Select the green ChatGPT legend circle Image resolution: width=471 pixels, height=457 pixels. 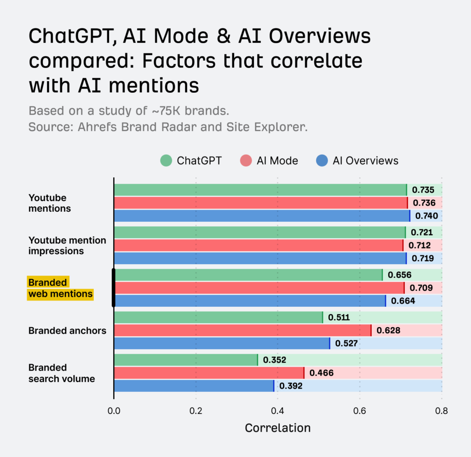tap(166, 161)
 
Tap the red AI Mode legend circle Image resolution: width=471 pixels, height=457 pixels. tap(246, 161)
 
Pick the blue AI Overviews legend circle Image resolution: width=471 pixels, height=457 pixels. tap(322, 161)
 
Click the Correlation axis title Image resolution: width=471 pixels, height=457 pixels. tap(277, 428)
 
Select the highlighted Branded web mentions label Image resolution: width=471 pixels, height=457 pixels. tap(60, 288)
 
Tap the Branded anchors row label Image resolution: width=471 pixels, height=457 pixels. tap(67, 331)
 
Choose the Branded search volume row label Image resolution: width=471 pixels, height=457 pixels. tap(62, 373)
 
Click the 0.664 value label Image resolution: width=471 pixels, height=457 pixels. tap(403, 301)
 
